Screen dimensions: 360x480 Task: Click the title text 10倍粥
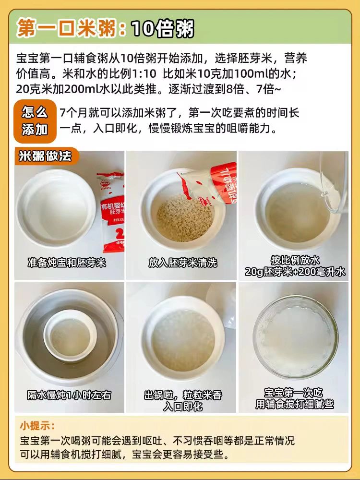click(162, 28)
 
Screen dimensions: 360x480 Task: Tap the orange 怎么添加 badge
click(35, 121)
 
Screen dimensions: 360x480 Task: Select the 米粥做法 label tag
click(46, 156)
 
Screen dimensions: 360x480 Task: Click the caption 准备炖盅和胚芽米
click(67, 263)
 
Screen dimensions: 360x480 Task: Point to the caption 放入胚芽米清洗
click(183, 263)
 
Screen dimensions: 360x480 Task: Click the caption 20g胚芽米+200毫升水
click(295, 272)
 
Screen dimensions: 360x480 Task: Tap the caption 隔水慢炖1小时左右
click(69, 395)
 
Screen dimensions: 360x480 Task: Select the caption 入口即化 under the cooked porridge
click(183, 406)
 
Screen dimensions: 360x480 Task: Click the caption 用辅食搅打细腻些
click(295, 404)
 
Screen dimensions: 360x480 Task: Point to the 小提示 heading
click(37, 425)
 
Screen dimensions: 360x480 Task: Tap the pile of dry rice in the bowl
click(185, 217)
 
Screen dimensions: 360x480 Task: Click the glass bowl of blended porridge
click(296, 337)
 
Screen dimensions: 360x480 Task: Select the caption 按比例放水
click(295, 260)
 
